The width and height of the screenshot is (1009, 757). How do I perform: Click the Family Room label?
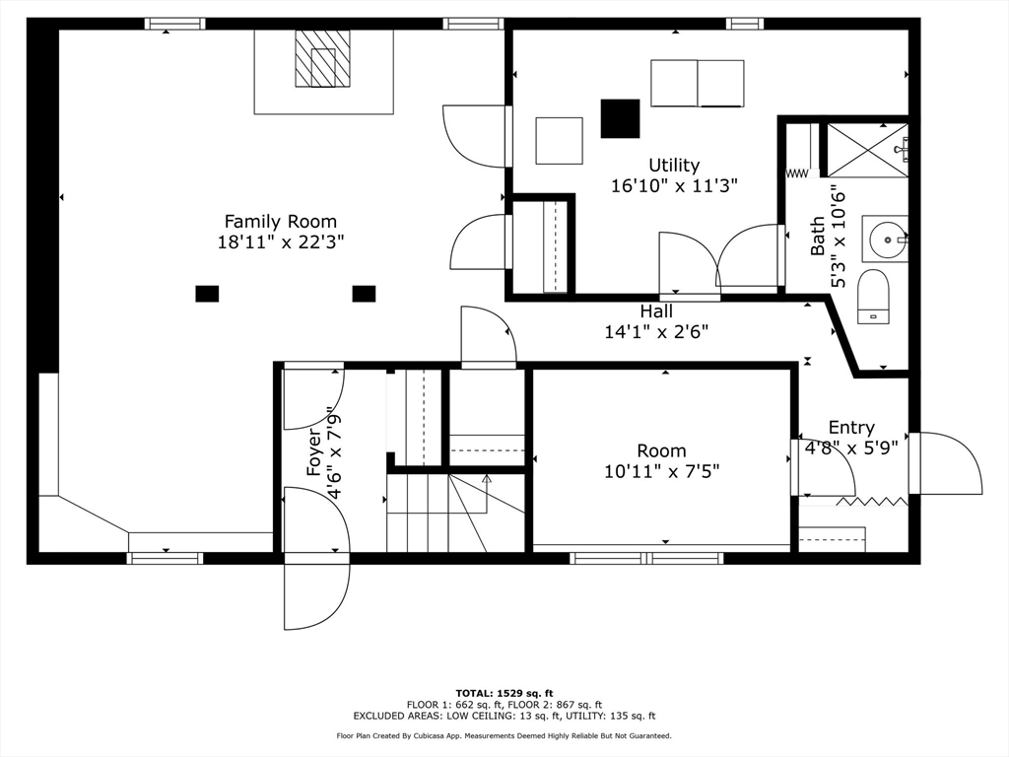click(281, 222)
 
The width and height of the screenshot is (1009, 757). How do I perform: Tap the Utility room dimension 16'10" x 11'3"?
click(674, 185)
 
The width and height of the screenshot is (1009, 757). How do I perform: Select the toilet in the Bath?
click(873, 297)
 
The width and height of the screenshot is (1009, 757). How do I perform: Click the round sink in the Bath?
click(888, 240)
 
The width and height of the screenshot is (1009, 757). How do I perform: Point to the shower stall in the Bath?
click(867, 150)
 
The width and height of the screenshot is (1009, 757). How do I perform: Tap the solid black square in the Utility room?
click(621, 118)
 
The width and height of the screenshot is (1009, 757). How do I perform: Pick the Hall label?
click(656, 311)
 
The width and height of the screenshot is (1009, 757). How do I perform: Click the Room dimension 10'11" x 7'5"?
click(661, 471)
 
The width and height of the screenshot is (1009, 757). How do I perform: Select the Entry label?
click(851, 428)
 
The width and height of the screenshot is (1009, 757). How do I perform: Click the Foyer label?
click(314, 451)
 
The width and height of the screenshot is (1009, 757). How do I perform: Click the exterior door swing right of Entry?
click(945, 463)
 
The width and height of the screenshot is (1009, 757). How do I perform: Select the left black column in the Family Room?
click(207, 294)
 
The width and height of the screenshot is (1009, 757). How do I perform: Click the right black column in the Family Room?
click(365, 294)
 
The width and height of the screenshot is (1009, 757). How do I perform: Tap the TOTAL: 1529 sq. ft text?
click(504, 693)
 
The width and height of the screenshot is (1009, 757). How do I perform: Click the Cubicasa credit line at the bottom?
click(504, 735)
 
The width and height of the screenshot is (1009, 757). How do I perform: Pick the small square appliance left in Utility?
click(560, 140)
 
